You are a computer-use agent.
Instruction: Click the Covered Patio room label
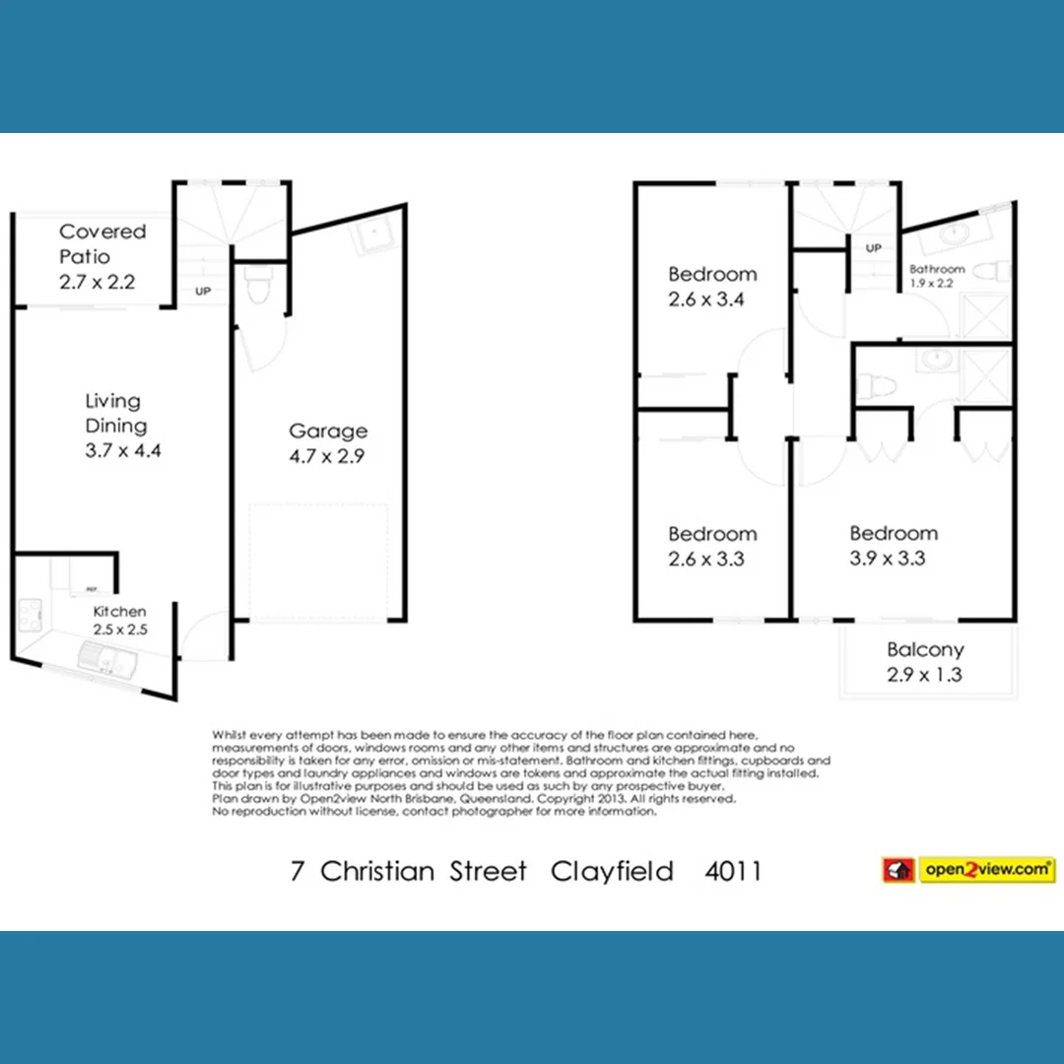[x=101, y=244]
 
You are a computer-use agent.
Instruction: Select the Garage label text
[x=328, y=431]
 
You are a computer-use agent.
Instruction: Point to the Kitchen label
[x=120, y=612]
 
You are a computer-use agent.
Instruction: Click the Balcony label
[x=924, y=650]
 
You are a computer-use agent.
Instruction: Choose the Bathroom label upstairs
[x=936, y=269]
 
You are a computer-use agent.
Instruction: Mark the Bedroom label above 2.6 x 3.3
[x=712, y=534]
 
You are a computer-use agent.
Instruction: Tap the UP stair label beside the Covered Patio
[x=203, y=292]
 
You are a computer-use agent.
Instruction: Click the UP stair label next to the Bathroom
[x=873, y=248]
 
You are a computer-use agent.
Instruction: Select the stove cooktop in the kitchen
[x=28, y=618]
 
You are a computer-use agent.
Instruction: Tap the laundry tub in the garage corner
[x=373, y=236]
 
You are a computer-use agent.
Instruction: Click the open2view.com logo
[x=969, y=870]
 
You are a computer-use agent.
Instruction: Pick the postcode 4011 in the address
[x=734, y=871]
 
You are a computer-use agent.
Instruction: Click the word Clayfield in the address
[x=613, y=871]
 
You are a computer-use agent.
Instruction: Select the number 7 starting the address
[x=298, y=871]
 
